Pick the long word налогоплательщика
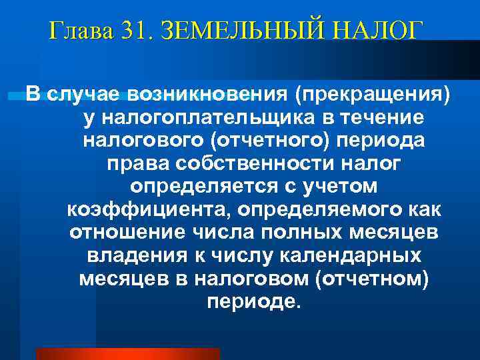(207, 118)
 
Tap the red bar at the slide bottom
(127, 353)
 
